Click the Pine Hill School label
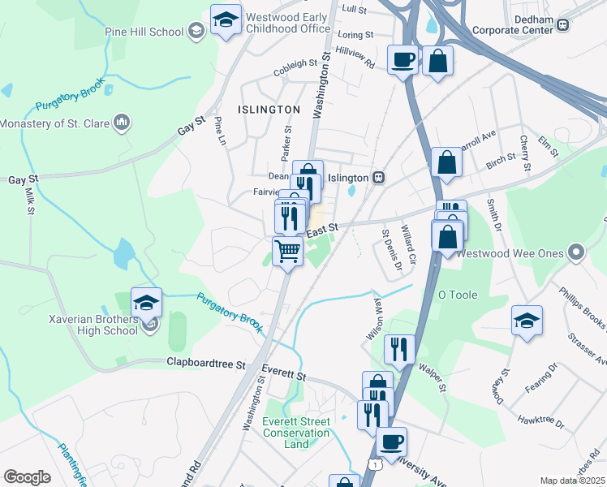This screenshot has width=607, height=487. (x=144, y=32)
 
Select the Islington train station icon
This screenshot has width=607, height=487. (x=378, y=177)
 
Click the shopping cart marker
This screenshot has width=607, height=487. (x=287, y=252)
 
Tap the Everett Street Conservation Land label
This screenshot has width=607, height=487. (x=297, y=433)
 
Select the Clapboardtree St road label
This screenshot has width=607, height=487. (x=206, y=364)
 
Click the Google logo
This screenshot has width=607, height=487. (x=27, y=477)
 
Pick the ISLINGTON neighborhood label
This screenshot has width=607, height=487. (x=268, y=109)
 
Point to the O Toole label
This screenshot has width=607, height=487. (x=458, y=295)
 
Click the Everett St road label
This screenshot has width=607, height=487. (x=290, y=377)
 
